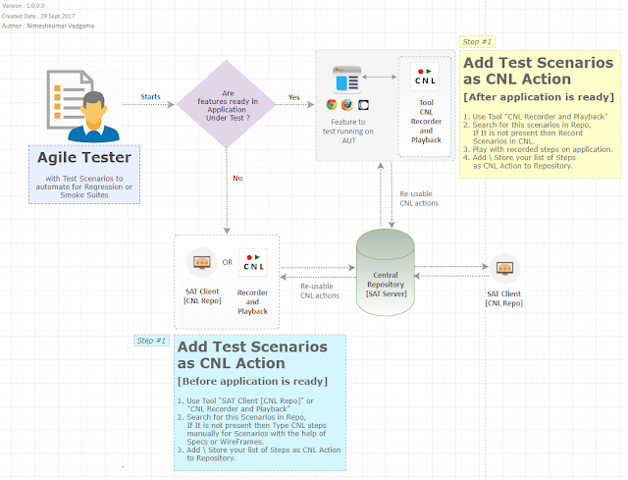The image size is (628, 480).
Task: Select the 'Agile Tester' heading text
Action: (x=83, y=158)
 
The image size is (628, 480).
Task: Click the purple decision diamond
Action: (x=227, y=101)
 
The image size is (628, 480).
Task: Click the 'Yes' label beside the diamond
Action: (x=293, y=97)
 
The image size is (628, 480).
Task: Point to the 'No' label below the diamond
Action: (x=236, y=178)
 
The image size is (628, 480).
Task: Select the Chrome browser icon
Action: (x=333, y=104)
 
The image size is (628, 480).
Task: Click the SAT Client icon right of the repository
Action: (x=504, y=267)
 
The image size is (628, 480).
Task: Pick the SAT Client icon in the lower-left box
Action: (x=202, y=263)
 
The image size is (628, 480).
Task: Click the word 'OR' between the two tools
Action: (x=228, y=262)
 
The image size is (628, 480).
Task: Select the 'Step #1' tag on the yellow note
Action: (x=477, y=42)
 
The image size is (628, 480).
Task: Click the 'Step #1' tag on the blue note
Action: (x=151, y=340)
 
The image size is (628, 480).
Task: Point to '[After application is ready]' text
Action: (x=538, y=97)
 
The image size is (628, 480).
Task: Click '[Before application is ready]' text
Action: (x=252, y=381)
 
